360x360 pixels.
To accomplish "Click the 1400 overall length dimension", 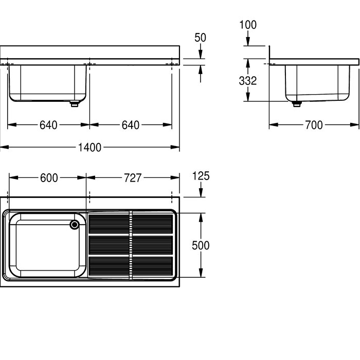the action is tap(89, 148).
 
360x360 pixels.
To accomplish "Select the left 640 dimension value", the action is tap(48, 125).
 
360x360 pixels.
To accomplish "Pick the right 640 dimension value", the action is tap(131, 125).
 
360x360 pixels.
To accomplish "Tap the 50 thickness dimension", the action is tap(200, 38).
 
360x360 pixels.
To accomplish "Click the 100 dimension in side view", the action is tap(248, 25).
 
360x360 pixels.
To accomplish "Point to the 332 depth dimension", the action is tap(248, 81).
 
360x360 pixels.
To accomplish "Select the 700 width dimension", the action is tap(314, 125).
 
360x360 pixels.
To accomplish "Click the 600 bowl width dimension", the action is tap(49, 178).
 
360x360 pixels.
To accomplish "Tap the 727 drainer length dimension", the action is tap(133, 178).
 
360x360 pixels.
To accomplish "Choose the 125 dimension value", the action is tap(201, 176).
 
